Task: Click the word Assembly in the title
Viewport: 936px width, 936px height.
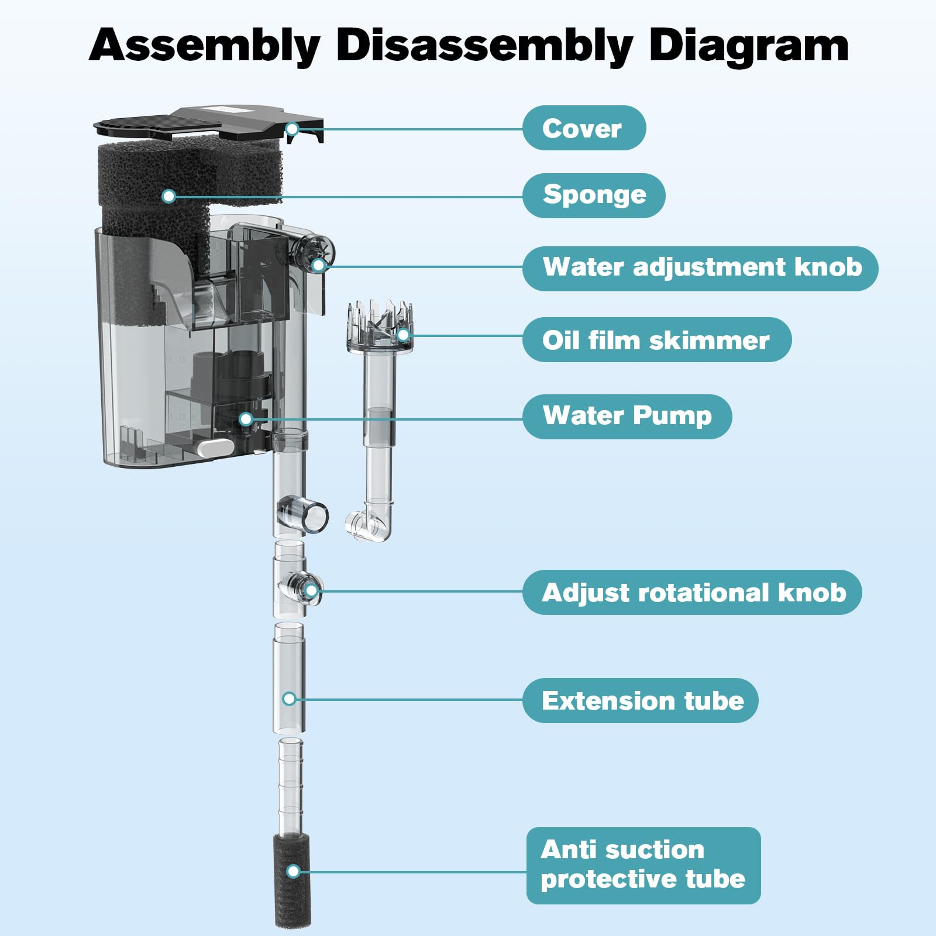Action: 205,46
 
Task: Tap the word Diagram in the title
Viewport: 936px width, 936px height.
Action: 749,46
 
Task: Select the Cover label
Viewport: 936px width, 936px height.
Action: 583,128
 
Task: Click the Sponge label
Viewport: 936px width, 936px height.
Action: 594,195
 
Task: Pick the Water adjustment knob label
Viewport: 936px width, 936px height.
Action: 700,268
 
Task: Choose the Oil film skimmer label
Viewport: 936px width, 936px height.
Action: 656,340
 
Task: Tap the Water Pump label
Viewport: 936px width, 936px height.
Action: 627,416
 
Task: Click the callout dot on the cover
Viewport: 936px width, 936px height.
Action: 293,129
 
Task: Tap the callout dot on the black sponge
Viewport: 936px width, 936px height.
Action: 168,196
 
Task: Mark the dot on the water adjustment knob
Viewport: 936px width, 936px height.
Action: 318,265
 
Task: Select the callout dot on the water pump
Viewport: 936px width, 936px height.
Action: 246,419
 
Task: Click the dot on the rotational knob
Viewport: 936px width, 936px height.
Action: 311,591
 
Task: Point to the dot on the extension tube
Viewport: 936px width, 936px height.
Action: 289,698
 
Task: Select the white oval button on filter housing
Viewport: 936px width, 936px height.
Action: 215,448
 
